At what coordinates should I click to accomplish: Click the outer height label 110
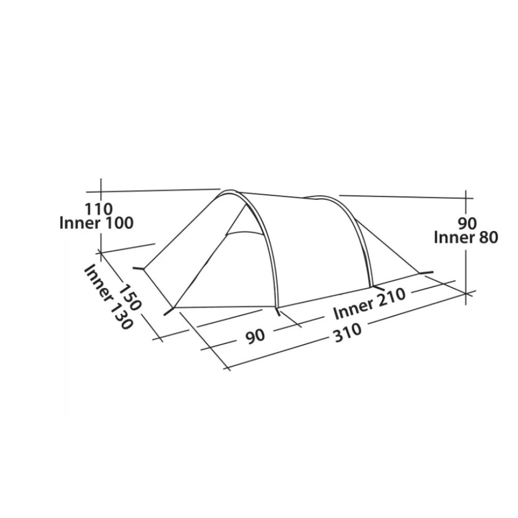coord(99,209)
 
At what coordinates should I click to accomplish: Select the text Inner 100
coord(96,223)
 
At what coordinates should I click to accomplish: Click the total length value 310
coord(348,334)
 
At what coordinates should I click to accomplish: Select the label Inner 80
coord(466,238)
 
